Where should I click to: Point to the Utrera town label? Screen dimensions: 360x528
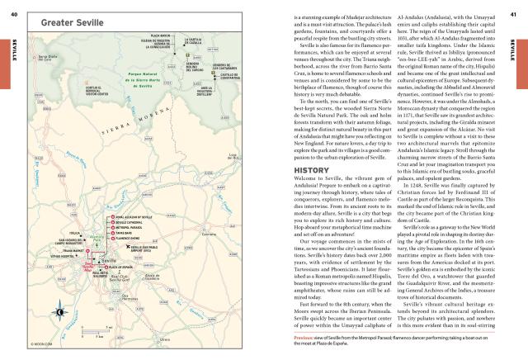pos(165,339)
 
